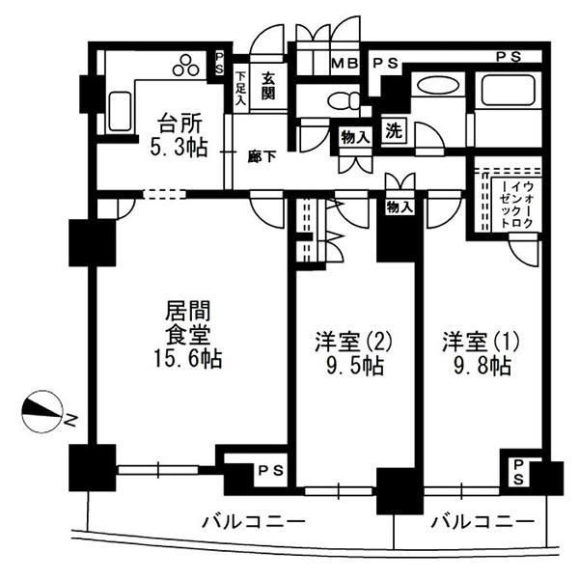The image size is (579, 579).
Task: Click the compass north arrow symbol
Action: (x=42, y=411)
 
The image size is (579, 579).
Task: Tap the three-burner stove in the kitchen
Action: (x=186, y=66)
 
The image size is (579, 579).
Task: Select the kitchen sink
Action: (x=120, y=112)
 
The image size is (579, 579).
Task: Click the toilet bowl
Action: (x=344, y=100)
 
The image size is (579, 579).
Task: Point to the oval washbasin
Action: (x=438, y=86)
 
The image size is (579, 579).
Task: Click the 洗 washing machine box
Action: (x=394, y=130)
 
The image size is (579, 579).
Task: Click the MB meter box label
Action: (x=345, y=64)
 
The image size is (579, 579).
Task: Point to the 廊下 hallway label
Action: (x=262, y=157)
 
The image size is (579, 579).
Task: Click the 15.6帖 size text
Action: (x=188, y=359)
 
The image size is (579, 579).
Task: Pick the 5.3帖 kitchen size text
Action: (x=179, y=148)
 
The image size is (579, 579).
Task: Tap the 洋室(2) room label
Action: (x=353, y=342)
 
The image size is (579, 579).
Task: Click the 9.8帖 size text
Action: (x=482, y=367)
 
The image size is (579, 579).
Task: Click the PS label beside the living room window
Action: (x=270, y=470)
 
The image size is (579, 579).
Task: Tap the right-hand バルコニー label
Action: (x=483, y=522)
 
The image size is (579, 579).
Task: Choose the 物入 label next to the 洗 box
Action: (x=355, y=138)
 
